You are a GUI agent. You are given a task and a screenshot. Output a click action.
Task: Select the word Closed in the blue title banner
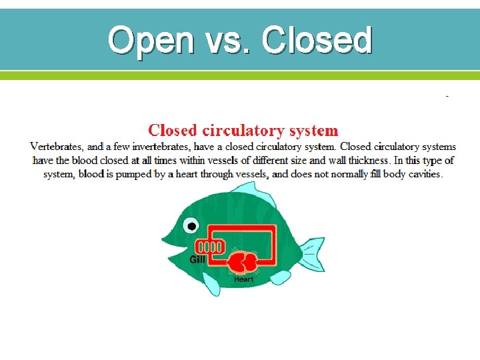(317, 41)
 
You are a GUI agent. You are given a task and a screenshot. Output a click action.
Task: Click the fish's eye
(192, 226)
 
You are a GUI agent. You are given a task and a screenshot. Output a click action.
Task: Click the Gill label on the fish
(197, 260)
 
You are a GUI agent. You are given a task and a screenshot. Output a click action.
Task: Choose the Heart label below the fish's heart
(243, 279)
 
